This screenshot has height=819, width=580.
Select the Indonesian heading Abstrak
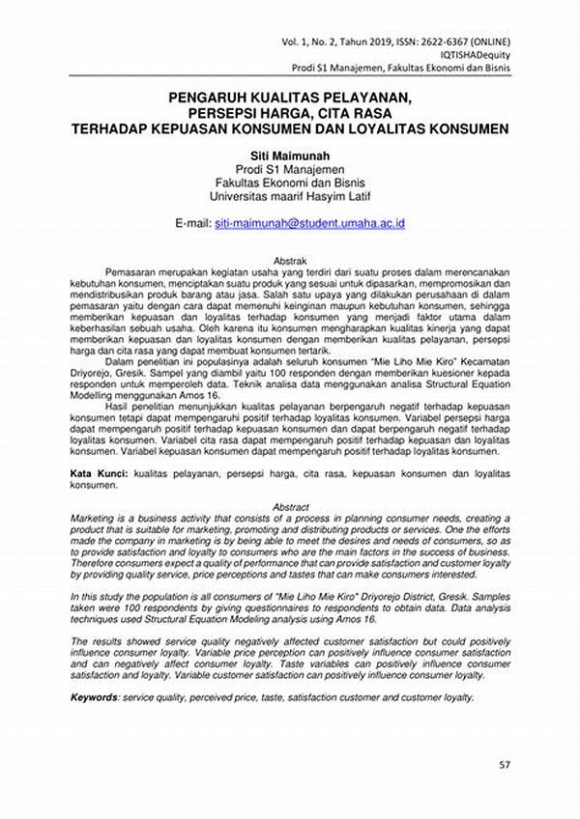pos(291,261)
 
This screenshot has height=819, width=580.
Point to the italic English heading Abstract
pos(291,507)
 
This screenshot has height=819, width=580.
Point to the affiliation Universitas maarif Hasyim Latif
pos(290,197)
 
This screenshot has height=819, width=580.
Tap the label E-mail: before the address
pos(192,223)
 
